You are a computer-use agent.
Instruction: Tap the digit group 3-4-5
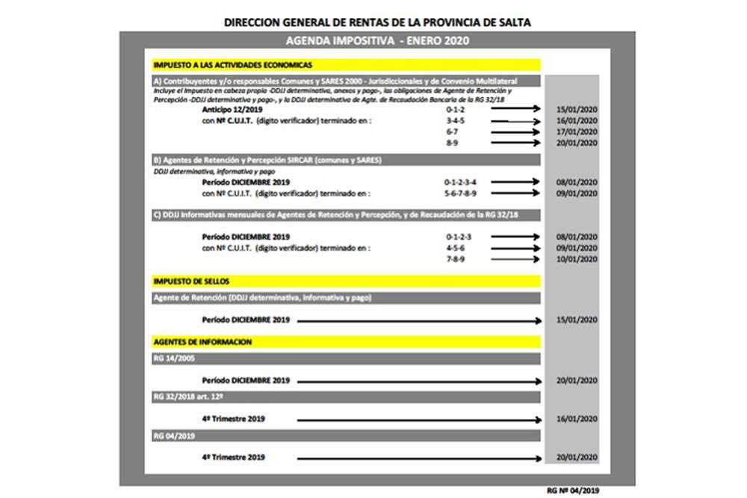pos(455,119)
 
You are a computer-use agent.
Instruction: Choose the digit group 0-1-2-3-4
pos(460,181)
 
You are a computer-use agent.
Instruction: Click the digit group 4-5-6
pos(455,247)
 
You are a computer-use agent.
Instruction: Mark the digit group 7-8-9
pos(455,259)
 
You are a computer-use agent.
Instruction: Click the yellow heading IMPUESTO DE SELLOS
pos(190,281)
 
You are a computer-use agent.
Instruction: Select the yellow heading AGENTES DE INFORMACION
pos(202,342)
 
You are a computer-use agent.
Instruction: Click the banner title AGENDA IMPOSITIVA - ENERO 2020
pos(377,40)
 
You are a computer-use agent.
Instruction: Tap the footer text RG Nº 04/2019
pos(573,491)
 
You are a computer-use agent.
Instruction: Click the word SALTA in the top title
pos(515,22)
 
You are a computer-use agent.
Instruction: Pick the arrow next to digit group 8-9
pos(515,143)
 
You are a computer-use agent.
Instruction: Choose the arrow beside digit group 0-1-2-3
pos(515,235)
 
